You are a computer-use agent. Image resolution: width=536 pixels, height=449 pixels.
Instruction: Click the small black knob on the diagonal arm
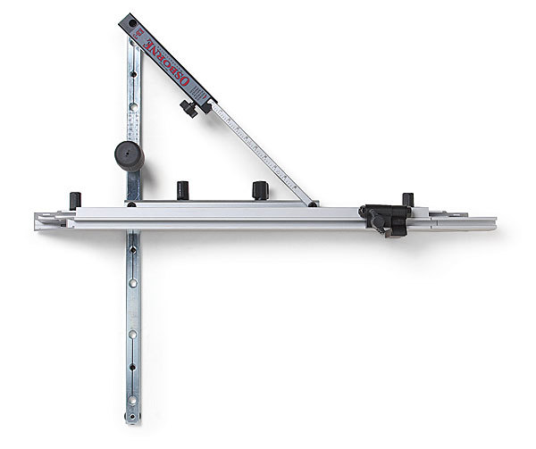pos(189,109)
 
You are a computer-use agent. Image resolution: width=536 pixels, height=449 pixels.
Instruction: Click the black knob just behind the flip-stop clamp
pos(407,200)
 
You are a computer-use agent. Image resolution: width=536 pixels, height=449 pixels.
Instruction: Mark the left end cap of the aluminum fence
pos(41,220)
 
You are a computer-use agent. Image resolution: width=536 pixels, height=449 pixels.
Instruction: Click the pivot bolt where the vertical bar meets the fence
pos(132,204)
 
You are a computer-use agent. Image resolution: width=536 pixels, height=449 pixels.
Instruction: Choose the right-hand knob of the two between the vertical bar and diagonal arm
pos(260,189)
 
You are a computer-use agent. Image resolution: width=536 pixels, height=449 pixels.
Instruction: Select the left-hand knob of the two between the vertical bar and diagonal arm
pos(182,190)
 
